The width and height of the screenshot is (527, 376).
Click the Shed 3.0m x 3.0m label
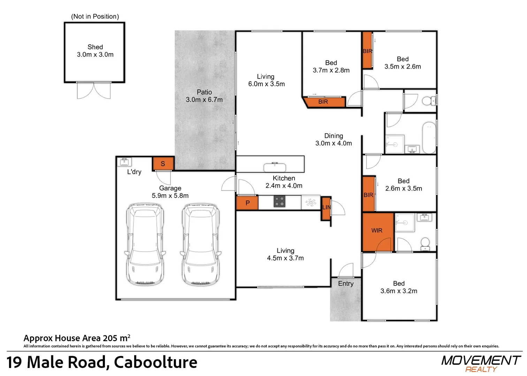(95, 51)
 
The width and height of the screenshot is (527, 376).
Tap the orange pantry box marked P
(247, 203)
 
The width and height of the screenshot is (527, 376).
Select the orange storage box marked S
(163, 164)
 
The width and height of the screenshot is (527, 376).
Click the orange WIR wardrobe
(377, 230)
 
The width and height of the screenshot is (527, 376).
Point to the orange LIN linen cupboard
(326, 208)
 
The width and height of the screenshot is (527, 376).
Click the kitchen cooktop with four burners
(280, 202)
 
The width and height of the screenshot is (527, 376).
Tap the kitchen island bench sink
(275, 167)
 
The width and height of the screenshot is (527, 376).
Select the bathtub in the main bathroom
(429, 138)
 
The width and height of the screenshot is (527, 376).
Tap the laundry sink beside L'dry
(124, 162)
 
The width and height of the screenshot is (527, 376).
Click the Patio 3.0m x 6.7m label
(204, 96)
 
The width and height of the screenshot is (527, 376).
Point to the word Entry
(346, 284)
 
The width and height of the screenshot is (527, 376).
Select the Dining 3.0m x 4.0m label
(334, 140)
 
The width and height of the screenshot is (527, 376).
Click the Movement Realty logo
(481, 363)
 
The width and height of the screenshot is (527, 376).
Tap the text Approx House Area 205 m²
(77, 338)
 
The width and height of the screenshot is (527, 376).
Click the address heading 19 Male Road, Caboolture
(102, 362)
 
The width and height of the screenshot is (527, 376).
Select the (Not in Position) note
(95, 16)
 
